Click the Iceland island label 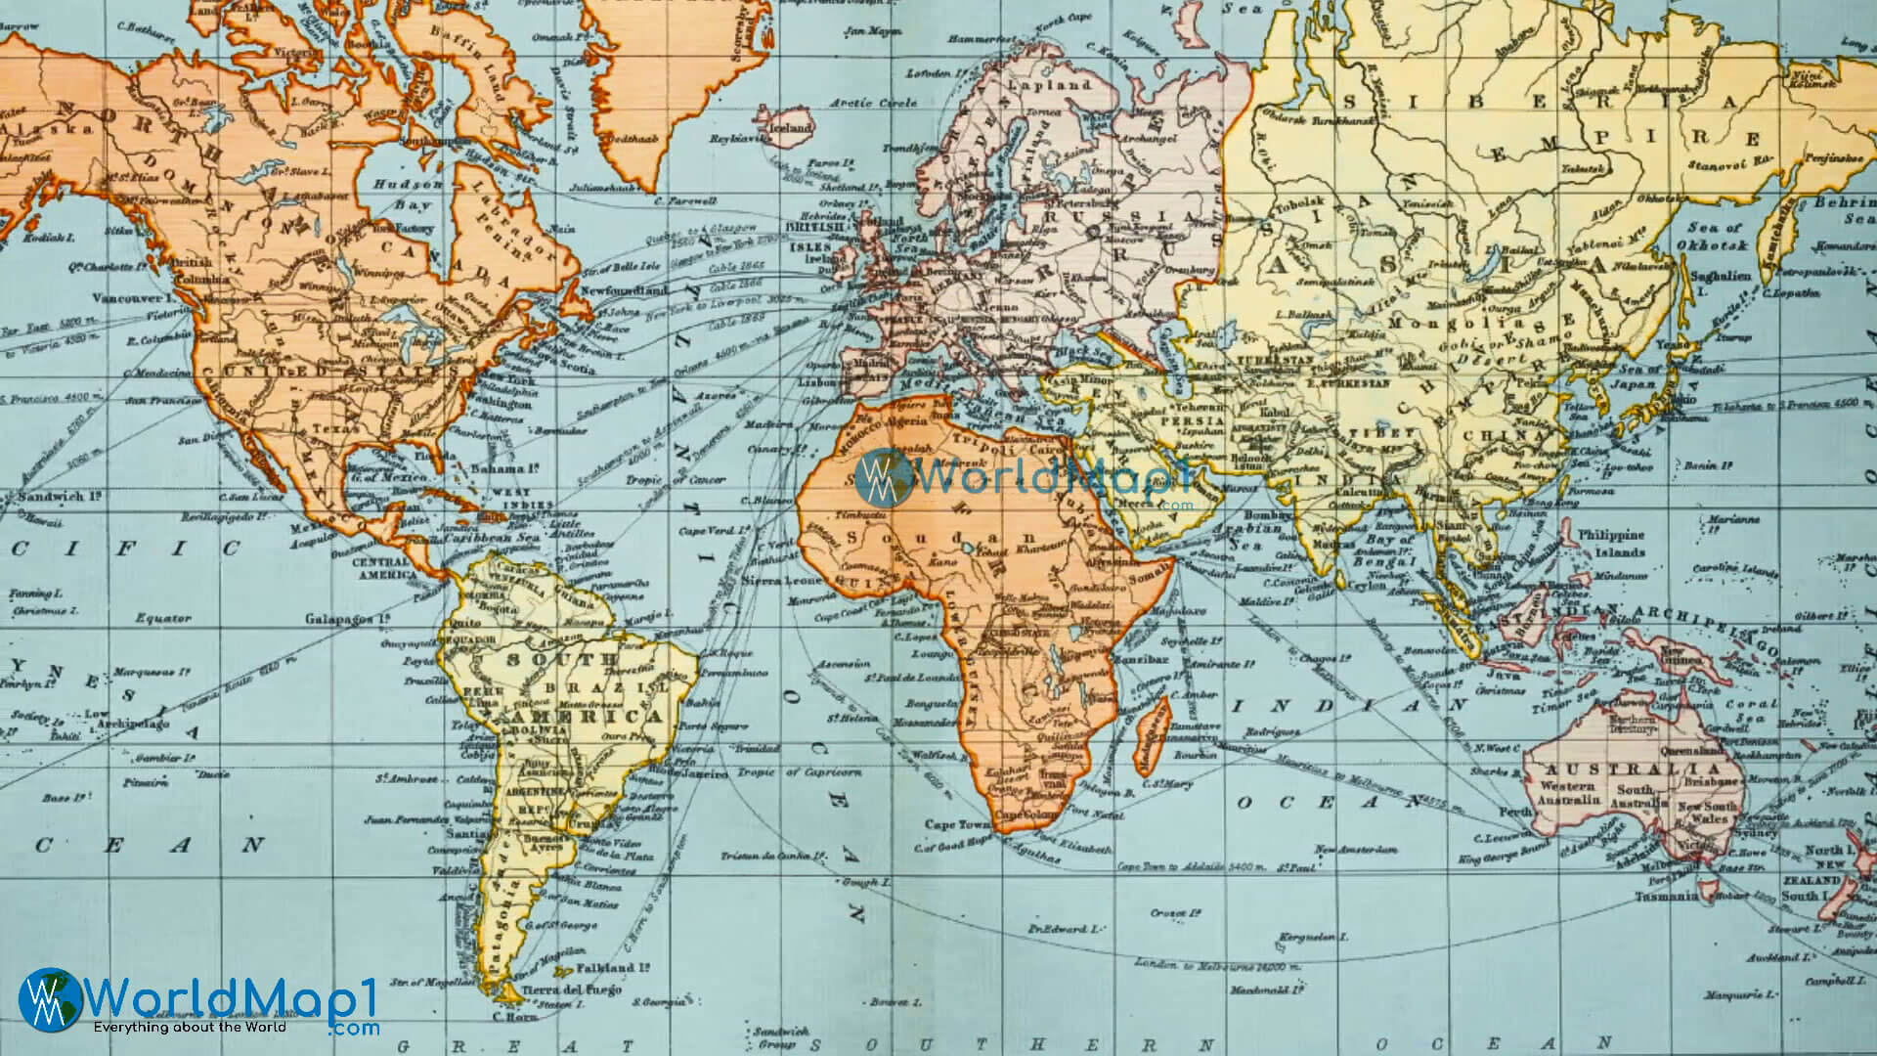pyautogui.click(x=791, y=128)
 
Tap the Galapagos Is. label pyautogui.click(x=347, y=619)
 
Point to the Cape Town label pyautogui.click(x=953, y=824)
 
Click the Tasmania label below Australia pyautogui.click(x=1667, y=896)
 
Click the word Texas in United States pyautogui.click(x=334, y=428)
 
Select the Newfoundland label pyautogui.click(x=624, y=290)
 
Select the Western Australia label pyautogui.click(x=1567, y=792)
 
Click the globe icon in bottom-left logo pyautogui.click(x=49, y=999)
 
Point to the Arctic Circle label pyautogui.click(x=874, y=103)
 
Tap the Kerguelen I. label pyautogui.click(x=1305, y=937)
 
